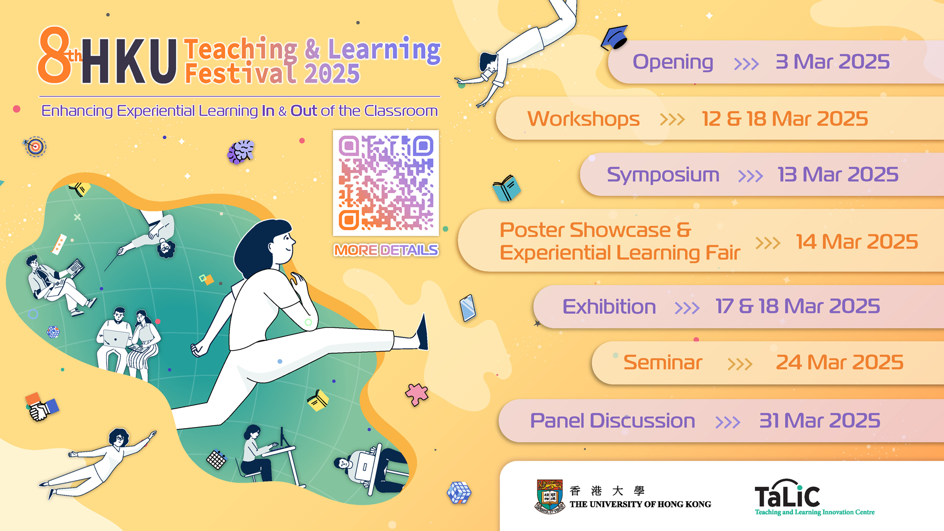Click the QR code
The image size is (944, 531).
[x=386, y=183]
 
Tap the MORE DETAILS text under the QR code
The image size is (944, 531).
[x=386, y=250]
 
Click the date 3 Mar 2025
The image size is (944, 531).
[x=833, y=62]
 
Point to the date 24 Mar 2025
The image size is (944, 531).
[x=840, y=362]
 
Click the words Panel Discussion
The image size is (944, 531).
[x=613, y=421]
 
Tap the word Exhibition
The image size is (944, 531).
[x=609, y=307]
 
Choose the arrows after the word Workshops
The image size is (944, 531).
[x=672, y=119]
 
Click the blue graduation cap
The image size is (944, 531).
[x=615, y=37]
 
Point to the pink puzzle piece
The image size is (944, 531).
[x=416, y=394]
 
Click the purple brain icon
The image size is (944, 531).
[x=241, y=152]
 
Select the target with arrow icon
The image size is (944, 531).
[x=35, y=147]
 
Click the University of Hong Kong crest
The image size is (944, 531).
[x=550, y=497]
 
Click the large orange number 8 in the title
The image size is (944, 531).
[x=54, y=55]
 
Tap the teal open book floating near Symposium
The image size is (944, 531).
[x=506, y=188]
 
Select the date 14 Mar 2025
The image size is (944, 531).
[x=857, y=242]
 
